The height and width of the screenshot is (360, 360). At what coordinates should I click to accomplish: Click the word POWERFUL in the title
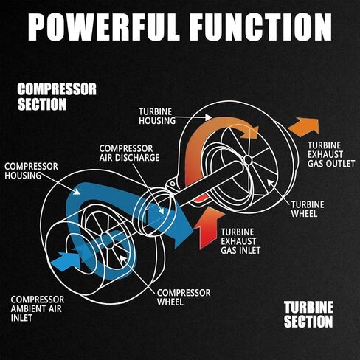click(103, 27)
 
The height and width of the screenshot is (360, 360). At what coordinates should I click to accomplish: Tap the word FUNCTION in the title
click(261, 27)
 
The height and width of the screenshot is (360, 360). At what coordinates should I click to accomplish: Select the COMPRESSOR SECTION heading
click(57, 97)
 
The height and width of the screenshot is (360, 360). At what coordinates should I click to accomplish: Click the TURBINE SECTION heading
click(308, 314)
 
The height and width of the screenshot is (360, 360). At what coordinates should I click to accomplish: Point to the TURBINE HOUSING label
click(157, 116)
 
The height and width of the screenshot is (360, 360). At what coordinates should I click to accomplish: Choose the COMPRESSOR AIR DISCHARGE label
click(129, 153)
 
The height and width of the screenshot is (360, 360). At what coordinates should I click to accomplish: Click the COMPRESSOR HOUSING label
click(31, 171)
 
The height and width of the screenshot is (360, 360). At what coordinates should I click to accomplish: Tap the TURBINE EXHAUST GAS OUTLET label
click(331, 154)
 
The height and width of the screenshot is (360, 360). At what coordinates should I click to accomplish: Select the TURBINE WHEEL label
click(308, 209)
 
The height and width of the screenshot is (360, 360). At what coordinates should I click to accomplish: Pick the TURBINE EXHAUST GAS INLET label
click(240, 241)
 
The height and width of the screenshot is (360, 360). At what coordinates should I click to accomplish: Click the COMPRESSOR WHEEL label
click(184, 297)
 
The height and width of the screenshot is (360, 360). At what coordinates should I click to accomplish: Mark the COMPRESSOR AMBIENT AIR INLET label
click(38, 308)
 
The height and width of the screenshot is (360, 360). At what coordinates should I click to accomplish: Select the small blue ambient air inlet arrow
click(66, 261)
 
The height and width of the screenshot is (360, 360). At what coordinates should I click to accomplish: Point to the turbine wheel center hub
click(248, 160)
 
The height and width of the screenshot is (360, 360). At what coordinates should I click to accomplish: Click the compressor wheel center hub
click(107, 240)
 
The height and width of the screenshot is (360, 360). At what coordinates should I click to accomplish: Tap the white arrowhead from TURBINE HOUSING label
click(208, 117)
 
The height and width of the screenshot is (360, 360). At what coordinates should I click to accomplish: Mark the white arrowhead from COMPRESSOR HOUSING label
click(77, 191)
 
